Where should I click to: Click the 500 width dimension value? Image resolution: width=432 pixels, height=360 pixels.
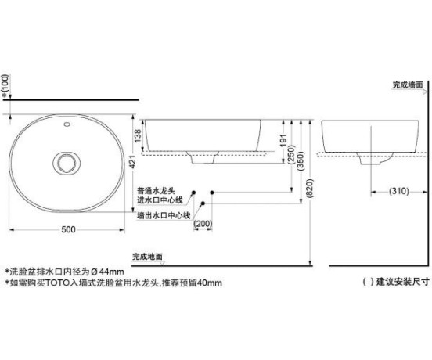tap(68, 229)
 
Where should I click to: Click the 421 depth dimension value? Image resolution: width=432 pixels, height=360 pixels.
tap(133, 162)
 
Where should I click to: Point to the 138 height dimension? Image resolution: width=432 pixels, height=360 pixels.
tap(138, 135)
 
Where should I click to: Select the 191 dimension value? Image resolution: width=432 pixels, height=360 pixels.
tap(283, 140)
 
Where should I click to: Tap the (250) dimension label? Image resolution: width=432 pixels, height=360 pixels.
tap(291, 155)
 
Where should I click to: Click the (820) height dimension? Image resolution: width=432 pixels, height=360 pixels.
tap(310, 189)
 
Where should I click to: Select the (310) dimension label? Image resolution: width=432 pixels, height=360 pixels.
tap(398, 191)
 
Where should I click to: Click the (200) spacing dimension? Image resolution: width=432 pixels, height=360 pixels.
tap(203, 224)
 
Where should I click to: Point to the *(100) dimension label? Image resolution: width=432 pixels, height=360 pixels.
tap(5, 86)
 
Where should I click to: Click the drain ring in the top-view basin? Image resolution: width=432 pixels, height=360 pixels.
tap(67, 163)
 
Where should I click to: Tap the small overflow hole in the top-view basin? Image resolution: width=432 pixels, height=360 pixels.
tap(67, 124)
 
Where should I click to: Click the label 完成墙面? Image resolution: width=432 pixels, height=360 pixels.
tap(408, 85)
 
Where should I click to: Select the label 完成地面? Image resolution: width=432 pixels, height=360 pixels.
tap(147, 257)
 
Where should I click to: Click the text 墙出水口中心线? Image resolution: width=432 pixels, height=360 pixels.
tap(164, 215)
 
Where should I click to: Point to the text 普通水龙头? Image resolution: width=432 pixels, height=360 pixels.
tap(156, 191)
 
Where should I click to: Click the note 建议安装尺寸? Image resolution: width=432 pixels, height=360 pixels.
tap(403, 282)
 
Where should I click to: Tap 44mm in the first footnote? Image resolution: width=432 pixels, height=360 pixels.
tap(112, 272)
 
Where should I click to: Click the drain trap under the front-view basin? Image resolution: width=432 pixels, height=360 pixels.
tap(203, 157)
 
